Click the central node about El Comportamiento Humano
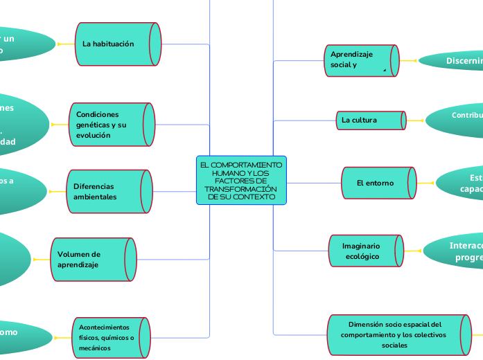(241, 180)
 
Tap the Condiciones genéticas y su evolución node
(111, 125)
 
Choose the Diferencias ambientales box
(107, 192)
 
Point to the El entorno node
(378, 183)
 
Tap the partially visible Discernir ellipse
(454, 61)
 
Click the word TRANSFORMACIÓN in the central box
(241, 189)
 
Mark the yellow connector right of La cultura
(416, 120)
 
